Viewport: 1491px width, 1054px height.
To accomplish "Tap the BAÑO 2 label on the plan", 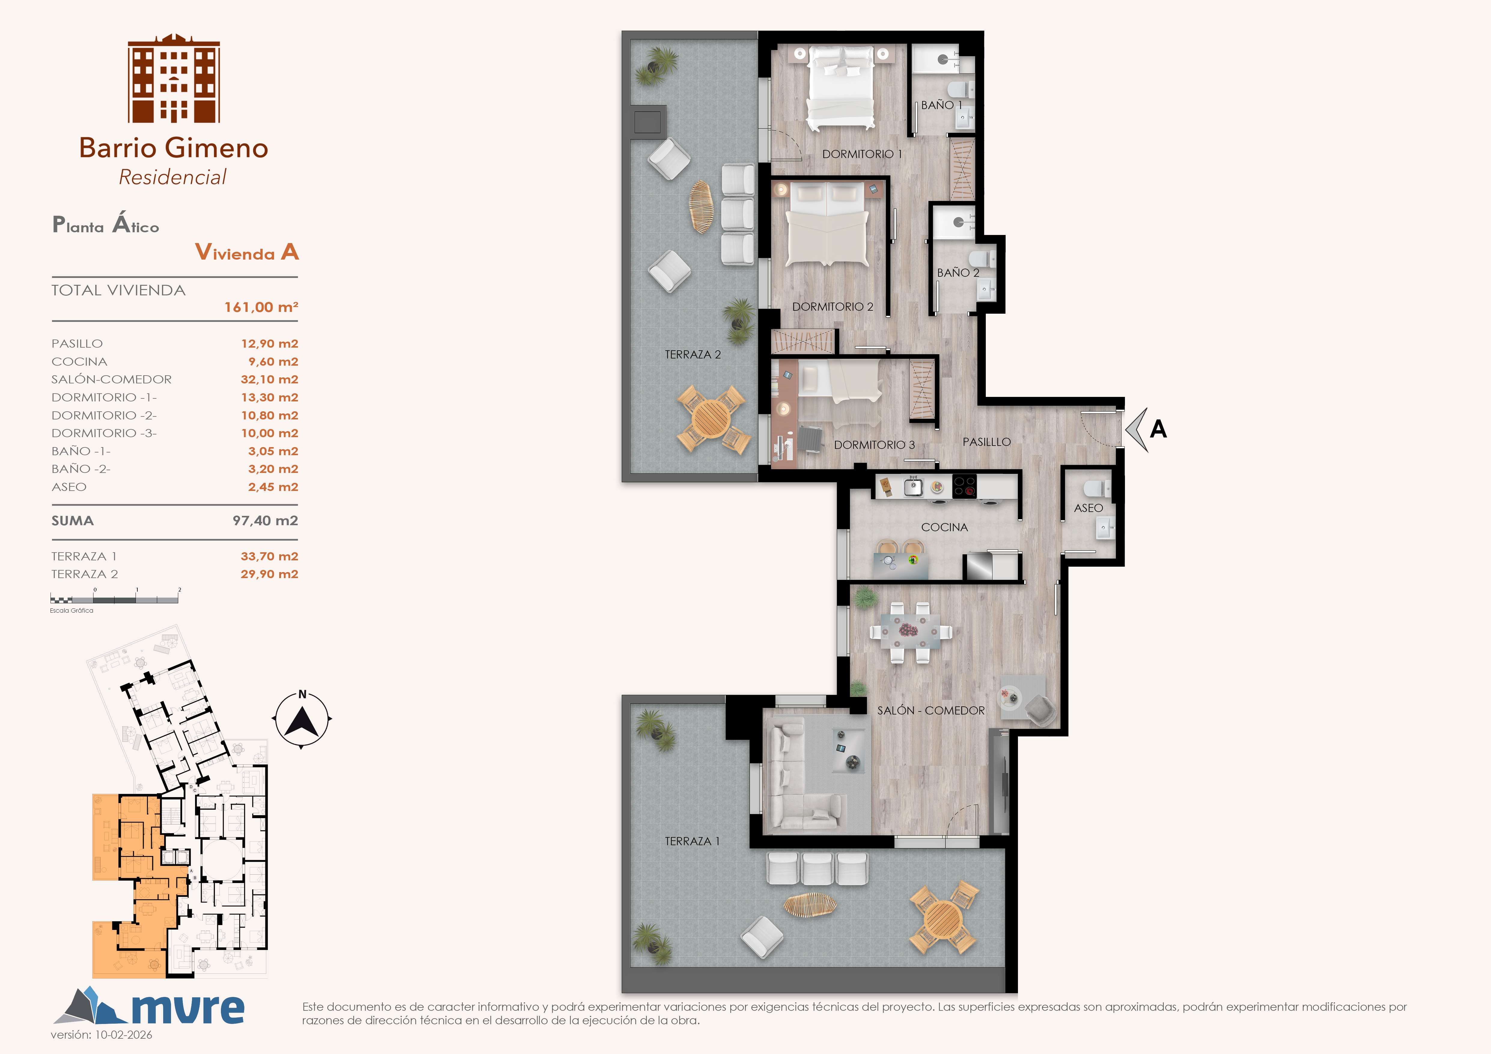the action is point(958,273).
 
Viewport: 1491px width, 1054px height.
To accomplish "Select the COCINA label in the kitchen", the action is point(944,527).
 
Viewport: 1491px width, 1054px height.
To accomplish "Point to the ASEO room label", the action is point(1088,508).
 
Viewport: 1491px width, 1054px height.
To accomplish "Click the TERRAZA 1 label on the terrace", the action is point(692,841).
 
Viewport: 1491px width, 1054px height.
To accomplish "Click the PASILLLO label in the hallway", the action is point(986,442).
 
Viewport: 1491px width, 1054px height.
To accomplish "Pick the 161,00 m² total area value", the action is point(261,307).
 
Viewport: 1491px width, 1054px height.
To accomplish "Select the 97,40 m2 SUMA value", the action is point(265,520).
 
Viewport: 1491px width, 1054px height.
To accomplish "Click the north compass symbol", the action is point(302,720).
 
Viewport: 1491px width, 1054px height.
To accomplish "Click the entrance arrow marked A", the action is point(1136,429).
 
